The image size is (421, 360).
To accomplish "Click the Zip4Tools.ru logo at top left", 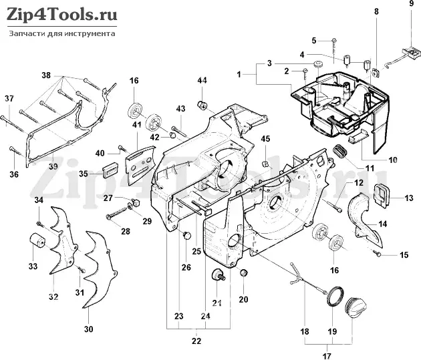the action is coord(61,15).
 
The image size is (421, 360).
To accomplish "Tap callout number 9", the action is coord(411,4).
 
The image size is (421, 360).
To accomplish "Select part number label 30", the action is coord(89,329).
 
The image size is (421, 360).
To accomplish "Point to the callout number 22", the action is coord(196,341).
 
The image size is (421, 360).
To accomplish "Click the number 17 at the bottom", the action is coord(327,356).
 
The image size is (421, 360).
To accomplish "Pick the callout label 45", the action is coord(265,139).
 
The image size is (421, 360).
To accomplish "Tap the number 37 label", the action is coord(9,98).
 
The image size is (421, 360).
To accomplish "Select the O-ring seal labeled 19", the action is coord(335,296).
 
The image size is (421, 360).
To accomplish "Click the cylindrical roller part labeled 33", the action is coord(38,241).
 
